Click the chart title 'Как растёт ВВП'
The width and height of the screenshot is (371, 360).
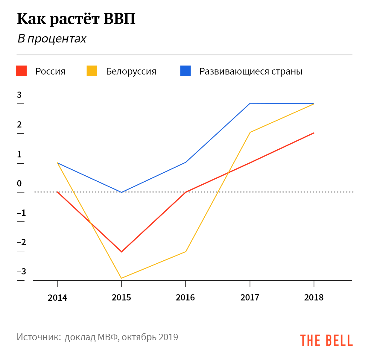(x=76, y=19)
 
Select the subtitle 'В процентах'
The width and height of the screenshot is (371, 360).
(x=52, y=39)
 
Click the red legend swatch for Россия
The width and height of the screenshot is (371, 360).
(x=22, y=71)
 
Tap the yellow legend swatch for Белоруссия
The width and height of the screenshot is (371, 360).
(x=92, y=71)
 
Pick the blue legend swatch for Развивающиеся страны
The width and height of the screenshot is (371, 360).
(x=185, y=71)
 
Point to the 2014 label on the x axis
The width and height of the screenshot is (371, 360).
(x=57, y=297)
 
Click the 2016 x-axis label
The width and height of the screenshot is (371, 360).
(x=185, y=297)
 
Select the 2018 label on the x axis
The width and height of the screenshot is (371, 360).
(x=314, y=297)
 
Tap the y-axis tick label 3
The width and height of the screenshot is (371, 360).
(x=19, y=95)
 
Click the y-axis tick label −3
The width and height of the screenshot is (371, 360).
(x=22, y=272)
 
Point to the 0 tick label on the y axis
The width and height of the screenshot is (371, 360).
(x=19, y=183)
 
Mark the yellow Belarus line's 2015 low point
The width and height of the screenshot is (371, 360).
(x=121, y=278)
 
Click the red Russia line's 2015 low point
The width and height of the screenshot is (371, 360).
(x=121, y=252)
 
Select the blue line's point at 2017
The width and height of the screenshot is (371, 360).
(x=250, y=103)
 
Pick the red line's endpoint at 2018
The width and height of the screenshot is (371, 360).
(x=314, y=133)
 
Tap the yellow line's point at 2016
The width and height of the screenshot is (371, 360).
(x=186, y=251)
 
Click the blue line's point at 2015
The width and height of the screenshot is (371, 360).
(x=121, y=192)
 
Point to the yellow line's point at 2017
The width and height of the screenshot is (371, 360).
(x=250, y=132)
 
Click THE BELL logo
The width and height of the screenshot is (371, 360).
(x=326, y=340)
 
